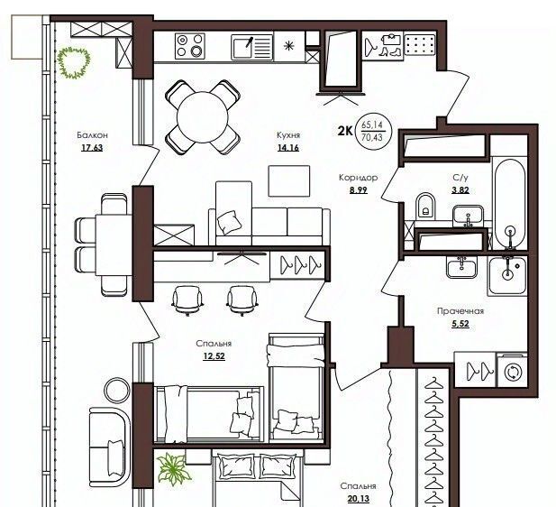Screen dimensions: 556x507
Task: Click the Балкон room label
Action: click(x=92, y=135)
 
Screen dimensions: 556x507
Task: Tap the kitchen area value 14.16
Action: click(x=288, y=147)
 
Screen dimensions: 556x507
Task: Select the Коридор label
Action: click(x=358, y=177)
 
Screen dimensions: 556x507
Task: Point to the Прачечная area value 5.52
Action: click(x=460, y=324)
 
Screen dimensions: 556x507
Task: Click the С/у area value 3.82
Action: click(x=460, y=190)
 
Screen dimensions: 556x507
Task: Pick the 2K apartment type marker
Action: click(x=345, y=132)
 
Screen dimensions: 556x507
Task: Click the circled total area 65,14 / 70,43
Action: click(x=372, y=131)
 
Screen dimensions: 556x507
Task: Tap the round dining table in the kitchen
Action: click(x=203, y=116)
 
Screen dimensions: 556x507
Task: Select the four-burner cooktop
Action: click(x=190, y=46)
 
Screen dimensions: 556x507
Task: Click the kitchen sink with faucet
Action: click(x=252, y=47)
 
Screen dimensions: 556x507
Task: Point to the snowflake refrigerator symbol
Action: click(x=289, y=46)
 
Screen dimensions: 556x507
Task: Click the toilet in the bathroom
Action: click(x=424, y=206)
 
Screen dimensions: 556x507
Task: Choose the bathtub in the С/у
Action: click(x=510, y=204)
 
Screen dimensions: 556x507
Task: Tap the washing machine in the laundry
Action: click(x=513, y=371)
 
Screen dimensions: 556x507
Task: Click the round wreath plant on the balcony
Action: click(x=74, y=63)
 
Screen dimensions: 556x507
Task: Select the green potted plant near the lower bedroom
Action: click(x=173, y=469)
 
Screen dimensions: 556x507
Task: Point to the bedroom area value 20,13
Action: click(x=358, y=499)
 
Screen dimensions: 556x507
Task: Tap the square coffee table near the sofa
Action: click(x=289, y=180)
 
